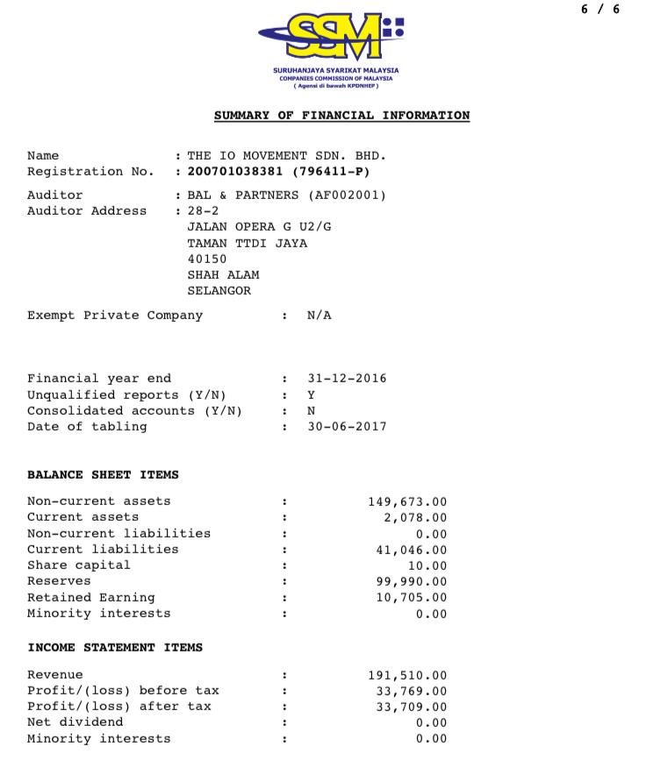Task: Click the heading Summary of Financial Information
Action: coord(341,116)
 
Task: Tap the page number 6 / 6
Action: coord(600,10)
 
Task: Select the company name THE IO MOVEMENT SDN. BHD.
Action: coord(287,156)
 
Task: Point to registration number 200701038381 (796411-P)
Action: coord(279,172)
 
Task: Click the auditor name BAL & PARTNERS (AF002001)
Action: coord(287,196)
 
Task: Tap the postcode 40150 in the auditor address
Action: coord(207,260)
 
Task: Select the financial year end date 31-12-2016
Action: coord(347,379)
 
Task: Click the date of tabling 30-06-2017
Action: coord(347,427)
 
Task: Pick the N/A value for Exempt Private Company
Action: coord(319,316)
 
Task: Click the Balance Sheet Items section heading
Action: coord(103,475)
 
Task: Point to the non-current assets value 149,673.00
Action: coord(407,502)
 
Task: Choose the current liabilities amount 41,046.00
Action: coord(412,550)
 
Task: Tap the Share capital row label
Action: coord(78,565)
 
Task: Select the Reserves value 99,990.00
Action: coord(412,582)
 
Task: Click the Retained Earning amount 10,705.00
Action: coord(412,598)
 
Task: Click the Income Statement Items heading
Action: coord(115,648)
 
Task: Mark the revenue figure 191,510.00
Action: coord(407,676)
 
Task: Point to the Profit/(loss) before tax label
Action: coord(123,691)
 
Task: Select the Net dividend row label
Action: coord(75,722)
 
